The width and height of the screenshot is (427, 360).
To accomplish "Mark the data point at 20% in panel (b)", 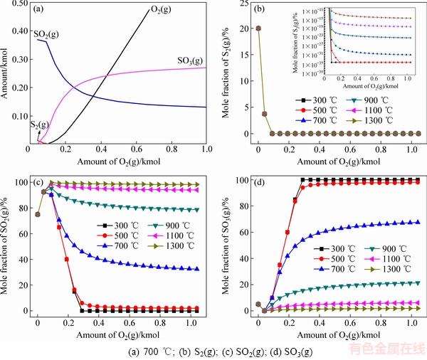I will (x=258, y=28).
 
